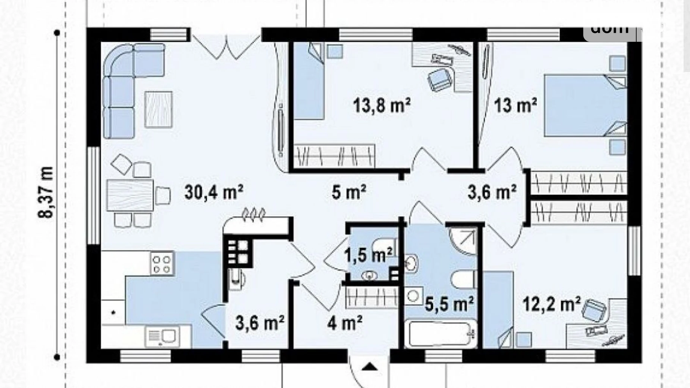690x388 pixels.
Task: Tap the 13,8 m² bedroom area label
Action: [x=382, y=106]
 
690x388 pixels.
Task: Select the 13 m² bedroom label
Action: [x=515, y=105]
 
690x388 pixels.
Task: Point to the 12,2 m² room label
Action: [x=551, y=304]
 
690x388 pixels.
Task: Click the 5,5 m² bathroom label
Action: [x=449, y=304]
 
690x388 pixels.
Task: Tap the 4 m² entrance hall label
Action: [x=345, y=323]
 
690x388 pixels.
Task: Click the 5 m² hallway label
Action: [x=349, y=193]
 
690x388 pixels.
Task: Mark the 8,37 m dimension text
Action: [x=46, y=192]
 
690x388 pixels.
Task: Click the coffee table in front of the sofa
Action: [x=159, y=110]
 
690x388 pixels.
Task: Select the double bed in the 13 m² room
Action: [x=584, y=106]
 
